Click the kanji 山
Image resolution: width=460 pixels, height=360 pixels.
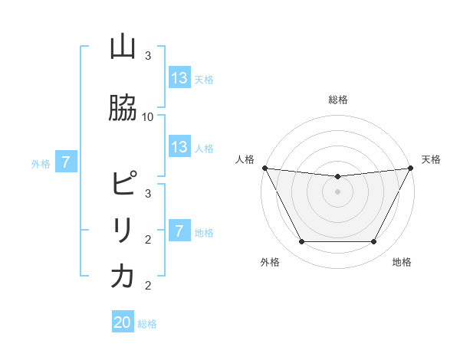[123, 48]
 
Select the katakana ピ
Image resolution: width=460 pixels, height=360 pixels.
[123, 185]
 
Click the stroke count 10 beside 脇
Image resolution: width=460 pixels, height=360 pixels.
[148, 116]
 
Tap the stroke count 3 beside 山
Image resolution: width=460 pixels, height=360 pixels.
[148, 56]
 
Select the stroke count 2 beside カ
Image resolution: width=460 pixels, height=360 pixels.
[148, 286]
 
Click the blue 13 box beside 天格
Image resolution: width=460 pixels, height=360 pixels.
[179, 78]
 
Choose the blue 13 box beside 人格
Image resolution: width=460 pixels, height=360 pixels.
[179, 147]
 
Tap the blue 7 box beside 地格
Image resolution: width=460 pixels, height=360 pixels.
[179, 231]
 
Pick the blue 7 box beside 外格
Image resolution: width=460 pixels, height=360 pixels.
[67, 162]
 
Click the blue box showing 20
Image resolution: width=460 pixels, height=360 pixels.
[123, 322]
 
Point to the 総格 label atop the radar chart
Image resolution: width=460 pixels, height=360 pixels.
[338, 100]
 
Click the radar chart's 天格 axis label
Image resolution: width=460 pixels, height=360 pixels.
[432, 159]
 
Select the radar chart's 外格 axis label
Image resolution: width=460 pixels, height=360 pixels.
[270, 262]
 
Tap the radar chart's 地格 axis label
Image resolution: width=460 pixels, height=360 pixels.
[402, 262]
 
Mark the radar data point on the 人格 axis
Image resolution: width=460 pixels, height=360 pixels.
[264, 168]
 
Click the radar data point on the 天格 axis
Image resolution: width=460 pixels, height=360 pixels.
[412, 168]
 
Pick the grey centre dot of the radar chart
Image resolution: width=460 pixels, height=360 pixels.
[338, 191]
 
